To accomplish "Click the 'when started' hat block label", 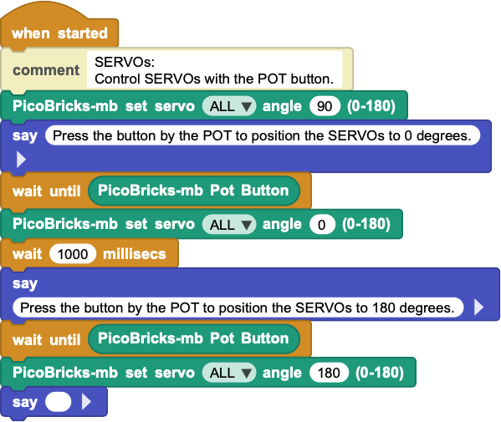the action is point(59,33).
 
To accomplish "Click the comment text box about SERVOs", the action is point(214,70).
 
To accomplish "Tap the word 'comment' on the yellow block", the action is point(46,70).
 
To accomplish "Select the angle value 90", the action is point(325,106).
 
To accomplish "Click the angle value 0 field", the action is point(322,225).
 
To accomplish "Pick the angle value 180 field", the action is point(329,373).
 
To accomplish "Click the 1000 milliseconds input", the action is point(73,254).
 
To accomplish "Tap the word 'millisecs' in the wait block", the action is point(135,254).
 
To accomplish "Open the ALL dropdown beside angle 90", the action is point(229,106).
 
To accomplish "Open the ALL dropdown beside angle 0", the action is point(229,225).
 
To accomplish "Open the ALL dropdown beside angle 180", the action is point(229,373).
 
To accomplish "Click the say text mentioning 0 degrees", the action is point(263,135).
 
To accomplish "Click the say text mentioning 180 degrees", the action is point(238,308).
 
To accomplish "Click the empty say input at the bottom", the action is point(59,402).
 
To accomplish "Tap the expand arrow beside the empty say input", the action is point(87,402).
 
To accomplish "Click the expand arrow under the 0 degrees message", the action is point(21,160).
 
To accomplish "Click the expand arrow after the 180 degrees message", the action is point(478,308).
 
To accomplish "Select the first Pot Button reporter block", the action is point(194,191).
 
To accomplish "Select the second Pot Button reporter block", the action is point(194,339).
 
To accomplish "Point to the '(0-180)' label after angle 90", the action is point(371,106).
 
